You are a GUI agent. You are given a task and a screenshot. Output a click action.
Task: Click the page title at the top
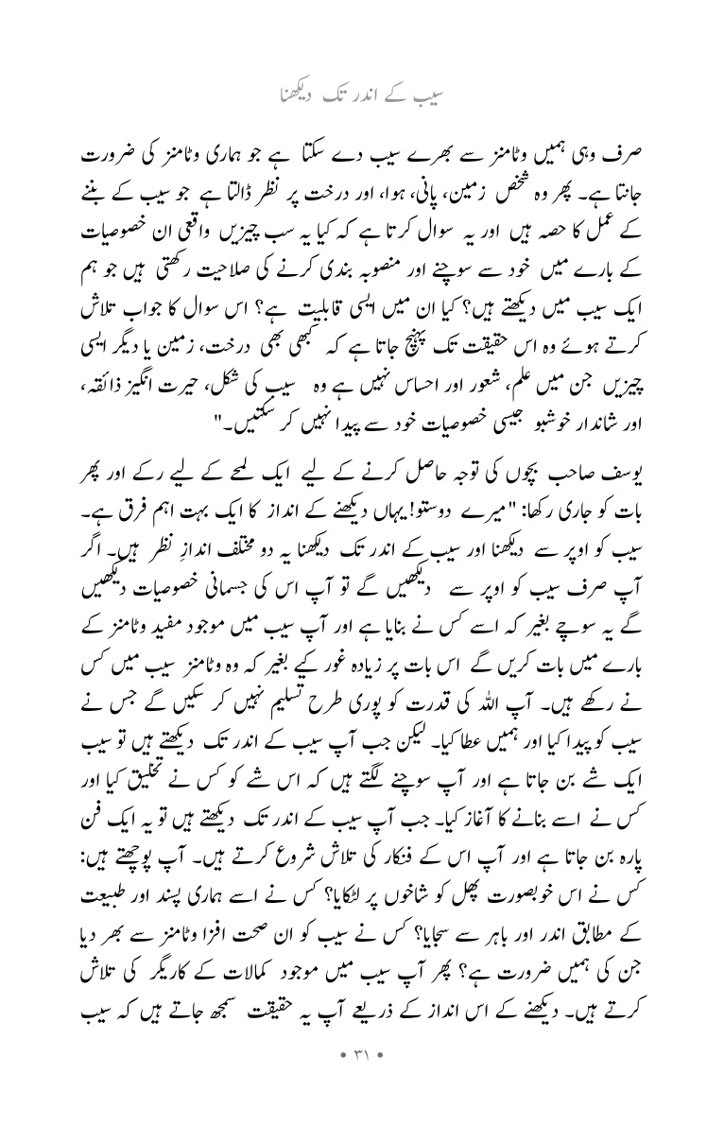click(x=362, y=95)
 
